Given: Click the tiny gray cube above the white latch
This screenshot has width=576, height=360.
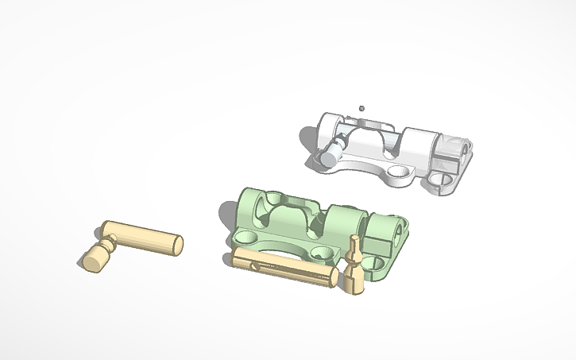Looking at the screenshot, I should click(361, 107).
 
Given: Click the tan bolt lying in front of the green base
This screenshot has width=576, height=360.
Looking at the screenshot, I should click(282, 265).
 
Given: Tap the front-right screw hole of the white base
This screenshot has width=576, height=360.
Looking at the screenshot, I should click(439, 187).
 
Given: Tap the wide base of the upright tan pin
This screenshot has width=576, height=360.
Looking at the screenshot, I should click(354, 283).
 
